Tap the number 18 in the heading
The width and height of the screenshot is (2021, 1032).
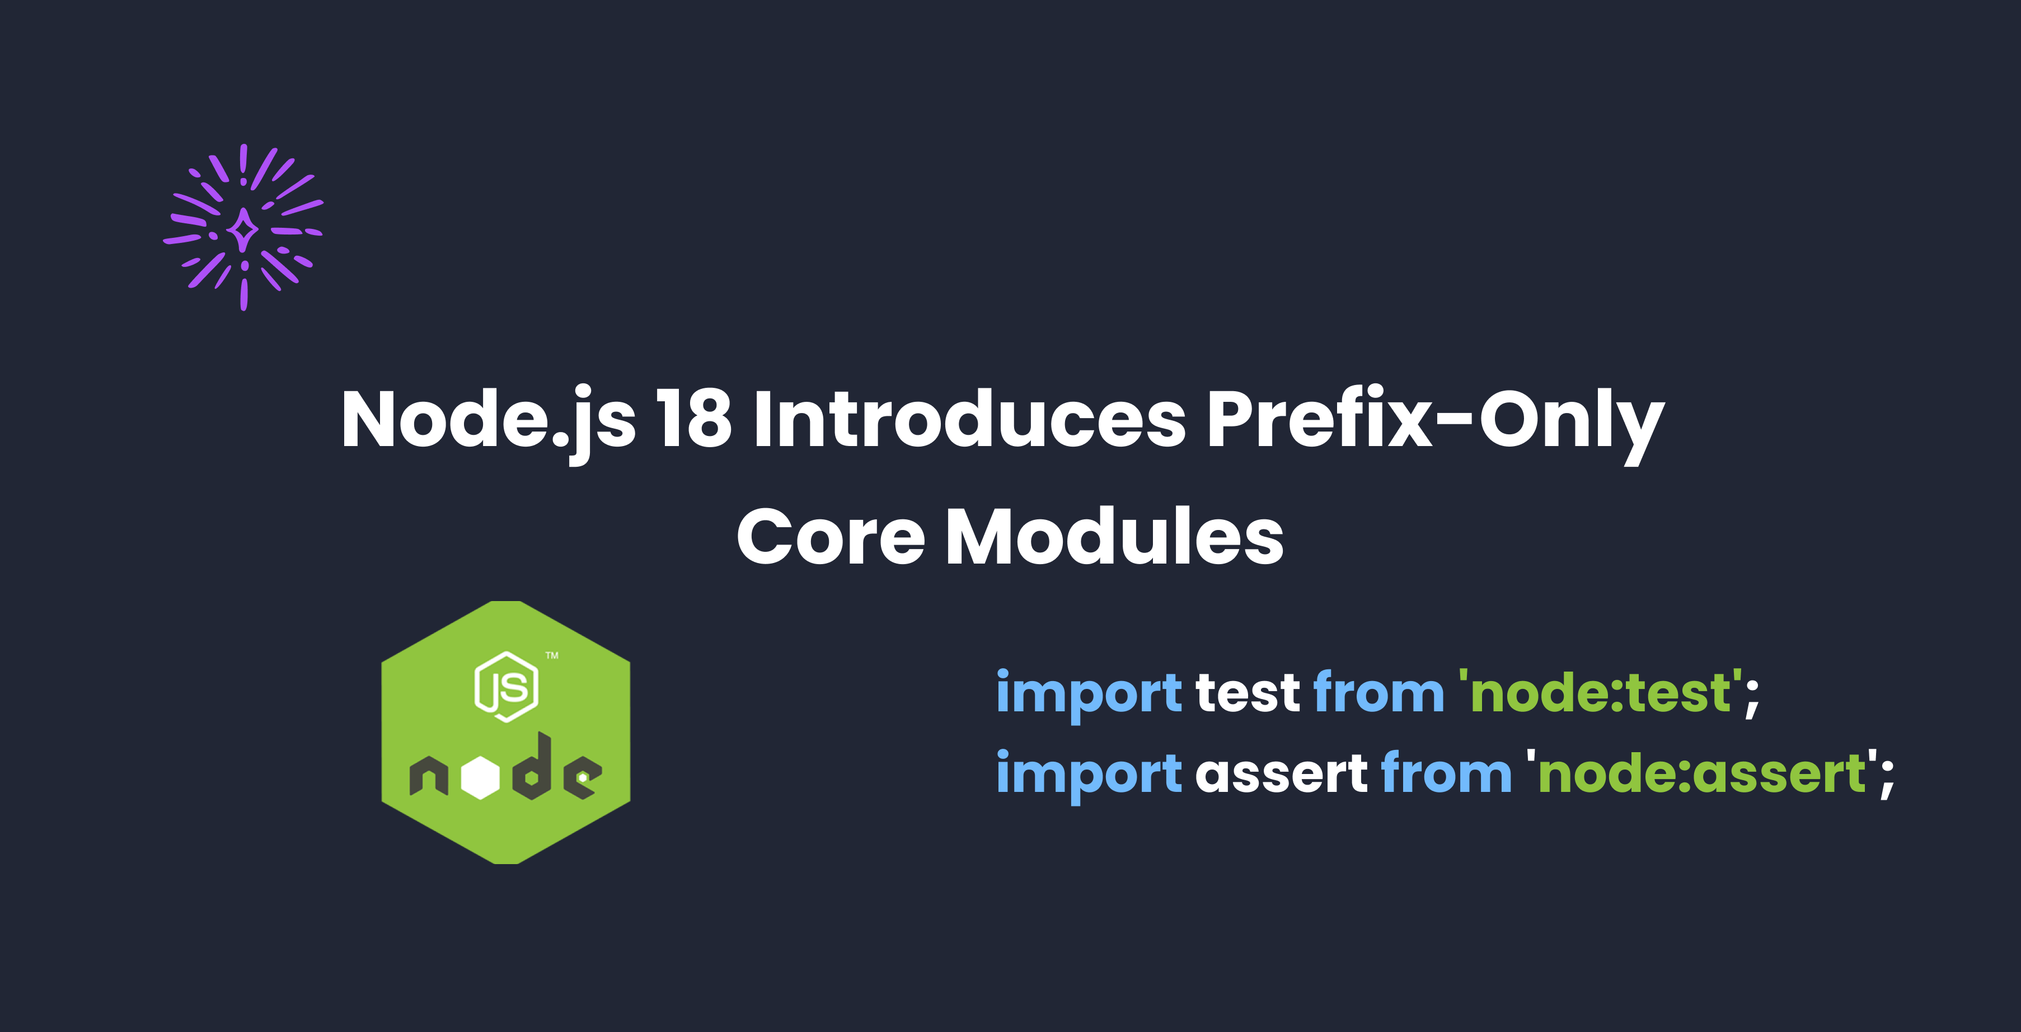[693, 419]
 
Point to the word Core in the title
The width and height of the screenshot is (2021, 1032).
[831, 536]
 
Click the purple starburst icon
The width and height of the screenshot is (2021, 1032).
[243, 228]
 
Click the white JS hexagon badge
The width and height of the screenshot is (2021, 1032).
[507, 687]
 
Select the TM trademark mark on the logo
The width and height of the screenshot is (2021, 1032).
[552, 655]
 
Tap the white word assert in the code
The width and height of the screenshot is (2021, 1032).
[1282, 775]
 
